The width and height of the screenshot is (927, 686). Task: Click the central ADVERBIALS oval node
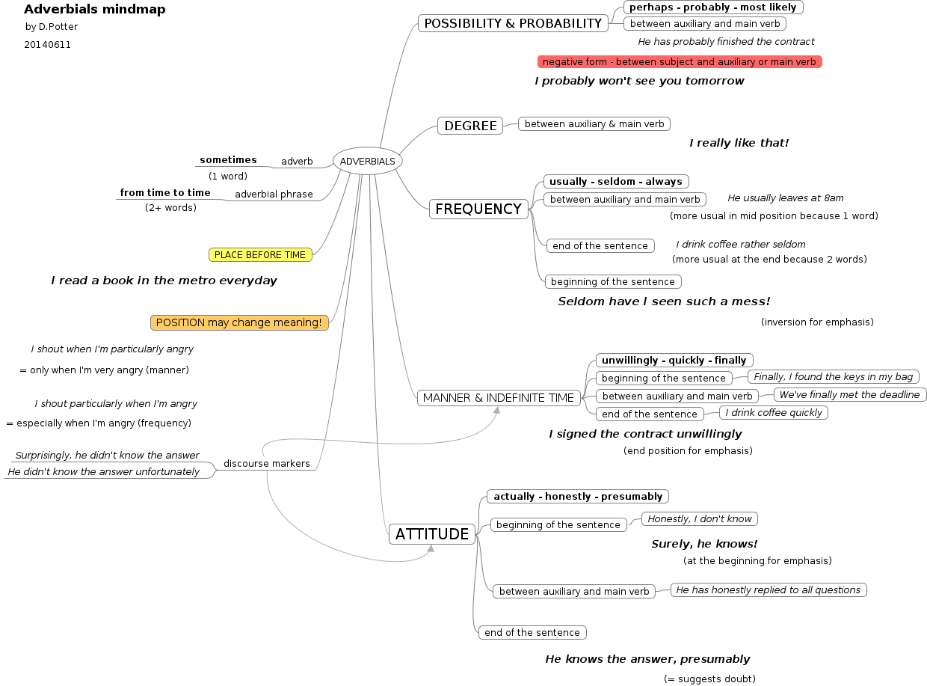coord(368,161)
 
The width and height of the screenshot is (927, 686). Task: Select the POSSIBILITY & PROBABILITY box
coord(513,23)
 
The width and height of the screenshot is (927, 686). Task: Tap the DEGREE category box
coord(470,126)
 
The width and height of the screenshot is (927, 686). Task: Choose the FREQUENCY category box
coord(478,209)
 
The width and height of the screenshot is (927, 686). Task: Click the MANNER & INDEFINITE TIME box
coord(499,398)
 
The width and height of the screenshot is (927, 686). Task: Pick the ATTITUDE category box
coord(432,534)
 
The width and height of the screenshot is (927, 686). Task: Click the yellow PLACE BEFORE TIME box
coord(260,255)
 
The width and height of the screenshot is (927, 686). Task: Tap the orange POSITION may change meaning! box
coord(239,322)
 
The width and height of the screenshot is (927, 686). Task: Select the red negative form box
coord(680,62)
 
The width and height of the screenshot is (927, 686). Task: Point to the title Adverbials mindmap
coord(95,10)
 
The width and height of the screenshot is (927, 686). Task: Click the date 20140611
coord(47,45)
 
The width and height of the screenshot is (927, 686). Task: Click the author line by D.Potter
coord(52,27)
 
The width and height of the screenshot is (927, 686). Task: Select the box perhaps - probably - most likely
coord(713,7)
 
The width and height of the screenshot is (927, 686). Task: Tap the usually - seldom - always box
coord(616,181)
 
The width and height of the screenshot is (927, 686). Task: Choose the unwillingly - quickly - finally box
coord(674,360)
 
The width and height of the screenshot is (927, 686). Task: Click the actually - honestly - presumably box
coord(578,496)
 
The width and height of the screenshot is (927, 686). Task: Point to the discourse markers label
coord(267,464)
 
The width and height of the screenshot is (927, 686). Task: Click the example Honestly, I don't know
coord(700,518)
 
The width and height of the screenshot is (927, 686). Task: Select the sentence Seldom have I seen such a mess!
coord(664,301)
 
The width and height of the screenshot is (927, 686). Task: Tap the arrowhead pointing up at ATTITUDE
coord(431,548)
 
